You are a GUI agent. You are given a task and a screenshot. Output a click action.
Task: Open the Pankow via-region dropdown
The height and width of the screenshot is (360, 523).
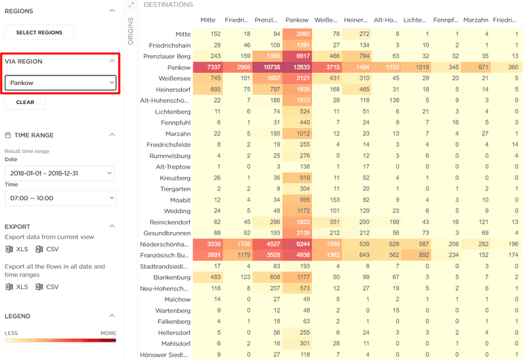pos(60,83)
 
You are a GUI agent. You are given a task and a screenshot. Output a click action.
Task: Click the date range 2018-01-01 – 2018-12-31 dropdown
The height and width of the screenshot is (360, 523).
pos(60,174)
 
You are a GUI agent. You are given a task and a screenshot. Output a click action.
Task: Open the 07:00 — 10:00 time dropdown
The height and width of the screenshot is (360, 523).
pos(60,197)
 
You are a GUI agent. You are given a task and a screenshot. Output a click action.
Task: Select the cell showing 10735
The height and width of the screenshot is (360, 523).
pos(266,68)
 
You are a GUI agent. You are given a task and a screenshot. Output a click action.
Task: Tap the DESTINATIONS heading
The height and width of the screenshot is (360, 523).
pos(168,5)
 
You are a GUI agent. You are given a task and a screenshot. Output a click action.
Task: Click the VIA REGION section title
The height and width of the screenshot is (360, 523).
pos(24,61)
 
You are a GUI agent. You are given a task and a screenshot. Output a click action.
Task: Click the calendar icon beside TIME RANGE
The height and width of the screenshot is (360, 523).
pos(8,135)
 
